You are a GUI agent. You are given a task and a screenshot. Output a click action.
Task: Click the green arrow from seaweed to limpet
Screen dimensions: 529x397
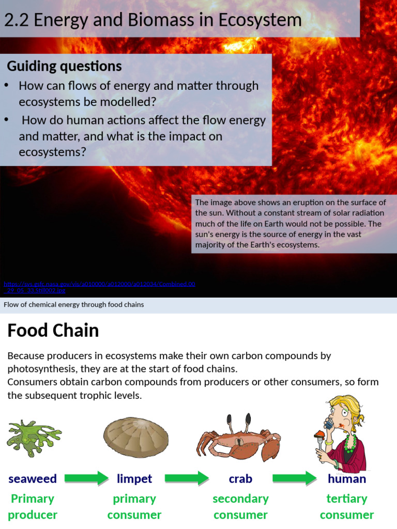point(86,478)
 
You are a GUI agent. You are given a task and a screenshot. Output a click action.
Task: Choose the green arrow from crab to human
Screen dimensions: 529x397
point(295,478)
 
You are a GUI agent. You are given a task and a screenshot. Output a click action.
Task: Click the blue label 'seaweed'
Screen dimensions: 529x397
point(33,479)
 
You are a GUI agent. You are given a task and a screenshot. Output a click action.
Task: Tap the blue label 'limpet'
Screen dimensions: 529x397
point(134,479)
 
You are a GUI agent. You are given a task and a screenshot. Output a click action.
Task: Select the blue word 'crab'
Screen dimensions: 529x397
point(240,479)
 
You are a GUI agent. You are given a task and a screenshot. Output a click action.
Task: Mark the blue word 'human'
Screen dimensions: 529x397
point(347,479)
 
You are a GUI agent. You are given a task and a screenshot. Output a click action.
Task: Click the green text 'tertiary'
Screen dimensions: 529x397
point(346,499)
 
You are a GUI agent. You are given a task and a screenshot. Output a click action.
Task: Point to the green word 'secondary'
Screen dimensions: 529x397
point(240,499)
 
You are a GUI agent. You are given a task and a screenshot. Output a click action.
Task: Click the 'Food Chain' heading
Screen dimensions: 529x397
point(53,331)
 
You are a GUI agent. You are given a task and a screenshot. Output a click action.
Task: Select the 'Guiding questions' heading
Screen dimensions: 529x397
point(64,66)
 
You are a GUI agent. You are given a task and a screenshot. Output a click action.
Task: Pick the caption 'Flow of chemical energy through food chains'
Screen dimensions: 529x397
point(74,305)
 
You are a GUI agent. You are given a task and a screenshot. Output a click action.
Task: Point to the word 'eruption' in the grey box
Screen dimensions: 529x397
point(301,202)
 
